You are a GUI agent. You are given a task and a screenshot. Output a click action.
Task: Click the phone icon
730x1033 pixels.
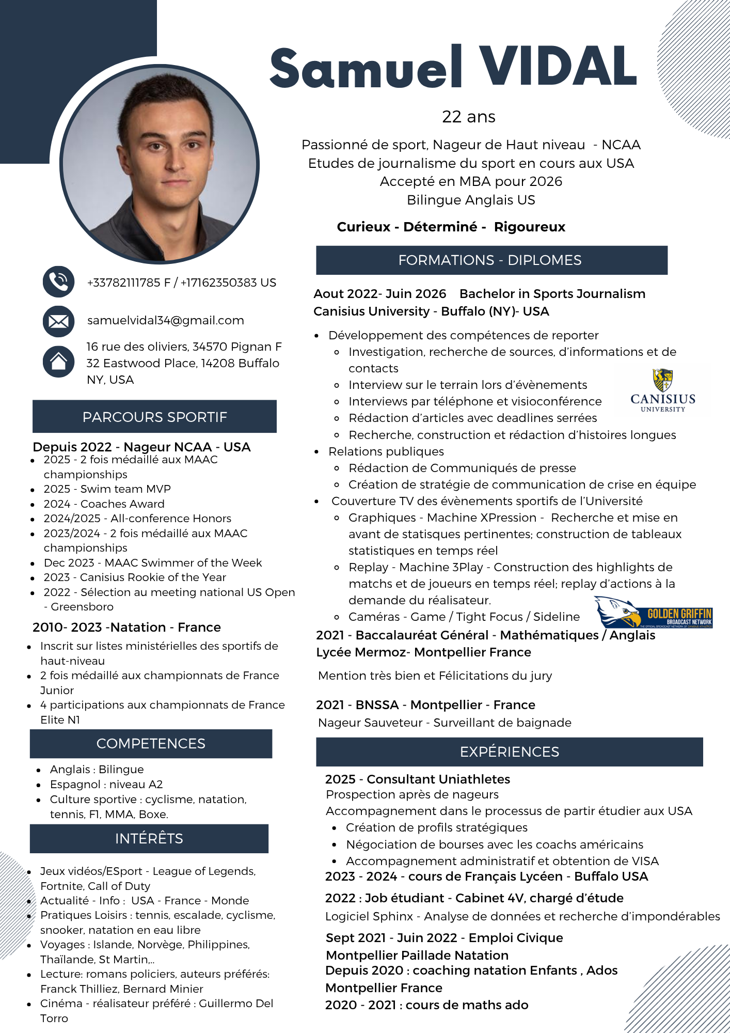tap(58, 281)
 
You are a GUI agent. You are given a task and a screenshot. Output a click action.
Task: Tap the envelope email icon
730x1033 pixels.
tap(58, 321)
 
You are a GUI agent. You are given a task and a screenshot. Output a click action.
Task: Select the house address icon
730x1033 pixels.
tap(58, 361)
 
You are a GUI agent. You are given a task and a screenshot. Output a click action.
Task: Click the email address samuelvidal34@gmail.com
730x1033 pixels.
tap(166, 320)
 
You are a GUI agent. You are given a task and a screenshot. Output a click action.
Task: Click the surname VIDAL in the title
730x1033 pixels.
tap(558, 67)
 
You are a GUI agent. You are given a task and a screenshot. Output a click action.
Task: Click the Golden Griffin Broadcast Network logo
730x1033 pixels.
tap(654, 613)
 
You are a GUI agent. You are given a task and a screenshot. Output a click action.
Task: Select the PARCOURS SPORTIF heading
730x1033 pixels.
tap(154, 417)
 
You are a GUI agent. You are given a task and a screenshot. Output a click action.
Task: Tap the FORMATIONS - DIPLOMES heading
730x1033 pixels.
tap(491, 260)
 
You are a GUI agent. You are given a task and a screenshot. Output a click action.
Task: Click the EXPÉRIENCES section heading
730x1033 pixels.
tap(509, 752)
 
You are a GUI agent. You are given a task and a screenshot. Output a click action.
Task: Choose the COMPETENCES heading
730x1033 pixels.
tap(151, 744)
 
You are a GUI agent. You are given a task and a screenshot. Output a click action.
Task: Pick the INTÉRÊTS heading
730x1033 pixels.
tap(149, 839)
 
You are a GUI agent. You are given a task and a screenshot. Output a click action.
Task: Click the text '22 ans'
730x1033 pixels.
tap(468, 117)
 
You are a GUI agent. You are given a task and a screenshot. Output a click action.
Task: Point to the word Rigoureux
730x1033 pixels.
tap(529, 227)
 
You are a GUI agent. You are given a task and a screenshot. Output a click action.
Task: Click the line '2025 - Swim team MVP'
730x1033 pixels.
tap(107, 489)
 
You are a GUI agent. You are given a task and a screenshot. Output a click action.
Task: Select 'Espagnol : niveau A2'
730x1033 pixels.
tap(106, 785)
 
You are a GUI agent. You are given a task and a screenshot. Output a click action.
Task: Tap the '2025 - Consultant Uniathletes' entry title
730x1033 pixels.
tap(417, 779)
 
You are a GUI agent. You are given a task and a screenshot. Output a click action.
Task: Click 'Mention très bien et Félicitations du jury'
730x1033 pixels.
tap(435, 676)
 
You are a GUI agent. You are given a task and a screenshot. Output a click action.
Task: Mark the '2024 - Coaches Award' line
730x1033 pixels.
tap(104, 504)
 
